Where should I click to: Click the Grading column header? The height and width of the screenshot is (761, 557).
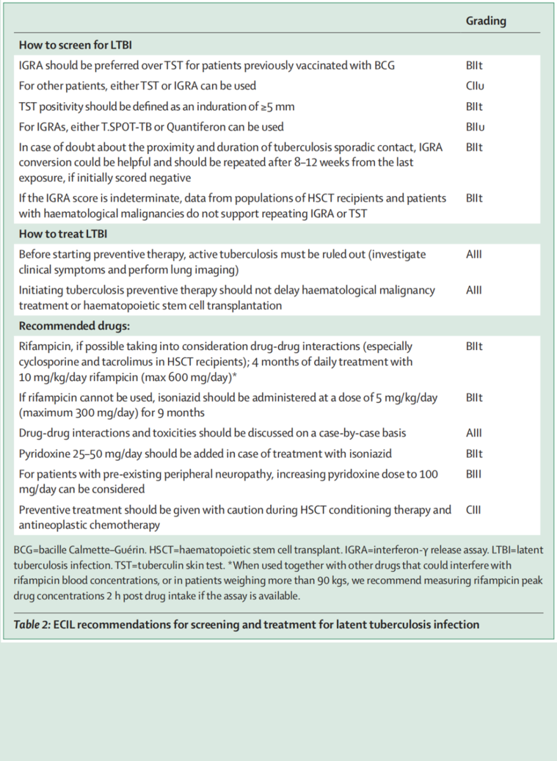(x=486, y=21)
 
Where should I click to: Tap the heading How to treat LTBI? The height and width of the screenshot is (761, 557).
(x=63, y=234)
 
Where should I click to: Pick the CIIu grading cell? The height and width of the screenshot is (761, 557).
(x=474, y=86)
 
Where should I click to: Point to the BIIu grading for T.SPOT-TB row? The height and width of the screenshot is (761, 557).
(x=474, y=127)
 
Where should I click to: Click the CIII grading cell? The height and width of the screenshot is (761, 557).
(x=473, y=510)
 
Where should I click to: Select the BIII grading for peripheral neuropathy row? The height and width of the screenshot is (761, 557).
(x=473, y=474)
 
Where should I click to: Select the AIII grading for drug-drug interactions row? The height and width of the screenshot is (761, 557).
(x=473, y=434)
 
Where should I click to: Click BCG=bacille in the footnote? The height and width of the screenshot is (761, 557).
(x=41, y=551)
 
